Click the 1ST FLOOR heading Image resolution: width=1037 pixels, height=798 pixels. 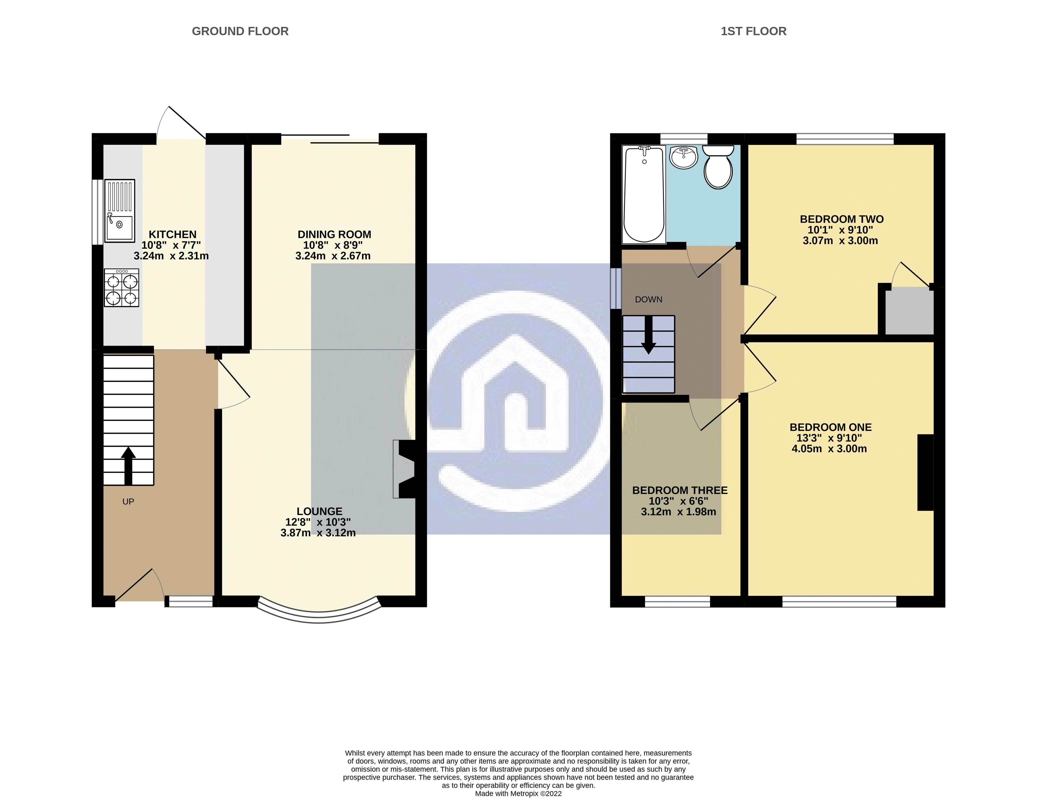coord(753,31)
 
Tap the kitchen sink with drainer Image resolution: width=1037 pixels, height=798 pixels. coord(120,210)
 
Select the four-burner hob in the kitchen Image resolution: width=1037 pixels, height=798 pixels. coord(122,288)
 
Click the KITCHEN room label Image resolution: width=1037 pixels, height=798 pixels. coord(172,234)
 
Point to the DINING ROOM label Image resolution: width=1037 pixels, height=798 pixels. coord(334,234)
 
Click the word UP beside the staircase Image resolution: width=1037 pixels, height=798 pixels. coord(128,502)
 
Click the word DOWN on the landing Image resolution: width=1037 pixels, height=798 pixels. coord(648,300)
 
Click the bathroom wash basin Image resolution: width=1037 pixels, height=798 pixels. coord(684,157)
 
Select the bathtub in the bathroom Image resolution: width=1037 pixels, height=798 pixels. coord(644,195)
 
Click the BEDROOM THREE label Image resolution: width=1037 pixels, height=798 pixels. coord(680,490)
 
